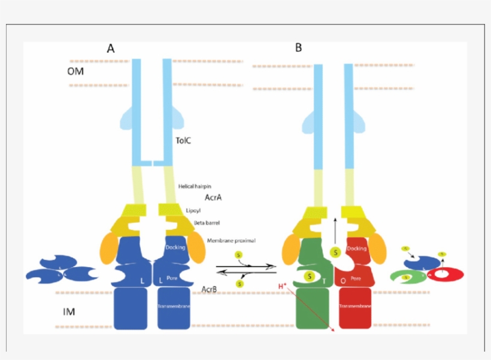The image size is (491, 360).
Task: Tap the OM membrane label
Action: click(x=75, y=72)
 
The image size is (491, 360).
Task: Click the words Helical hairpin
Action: click(x=195, y=187)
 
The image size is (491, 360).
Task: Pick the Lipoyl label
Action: click(x=193, y=210)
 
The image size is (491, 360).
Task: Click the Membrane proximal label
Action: click(x=231, y=240)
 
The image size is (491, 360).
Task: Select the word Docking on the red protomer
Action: click(x=357, y=247)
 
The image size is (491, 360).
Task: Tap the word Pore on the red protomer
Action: click(x=356, y=279)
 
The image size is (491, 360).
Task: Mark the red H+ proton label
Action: click(x=283, y=287)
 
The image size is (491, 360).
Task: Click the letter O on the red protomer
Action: click(x=343, y=280)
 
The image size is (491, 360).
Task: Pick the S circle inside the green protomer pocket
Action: click(x=310, y=277)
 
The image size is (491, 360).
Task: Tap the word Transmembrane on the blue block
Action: click(x=174, y=306)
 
